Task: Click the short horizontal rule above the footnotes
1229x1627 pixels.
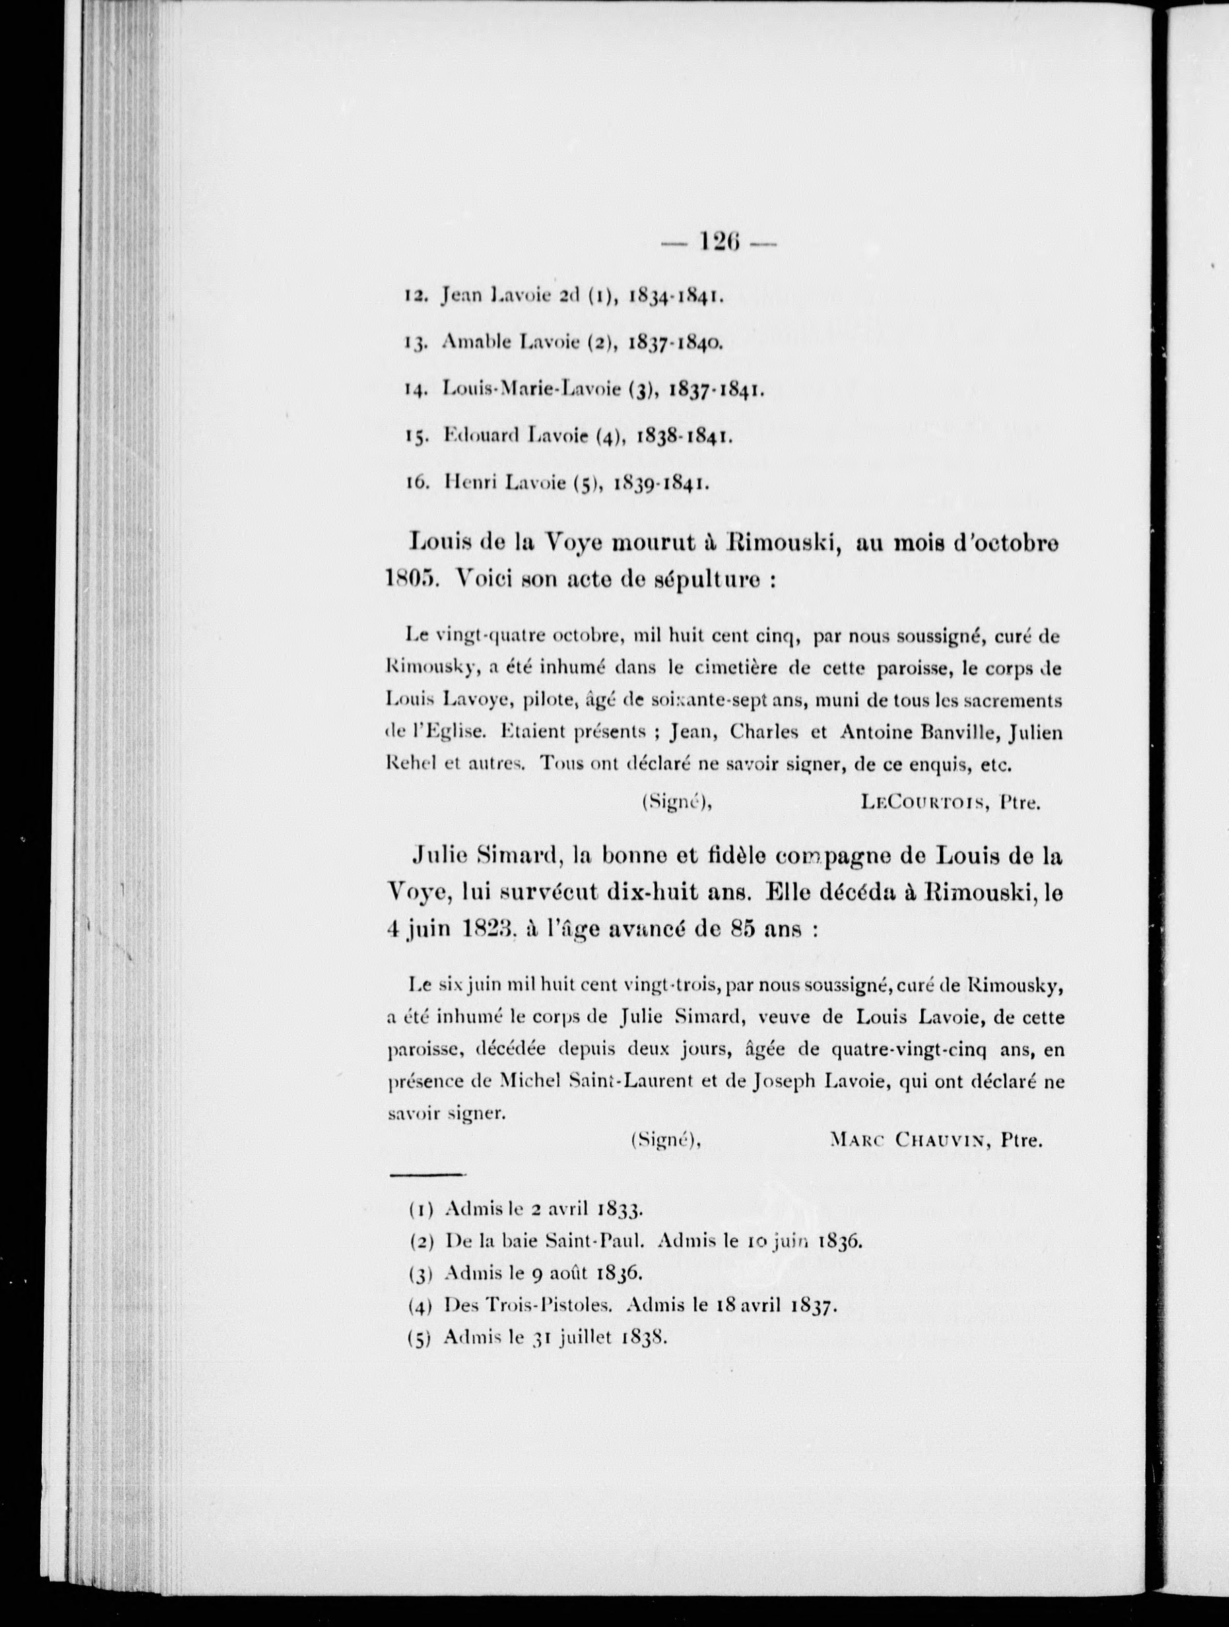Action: pos(427,1176)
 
